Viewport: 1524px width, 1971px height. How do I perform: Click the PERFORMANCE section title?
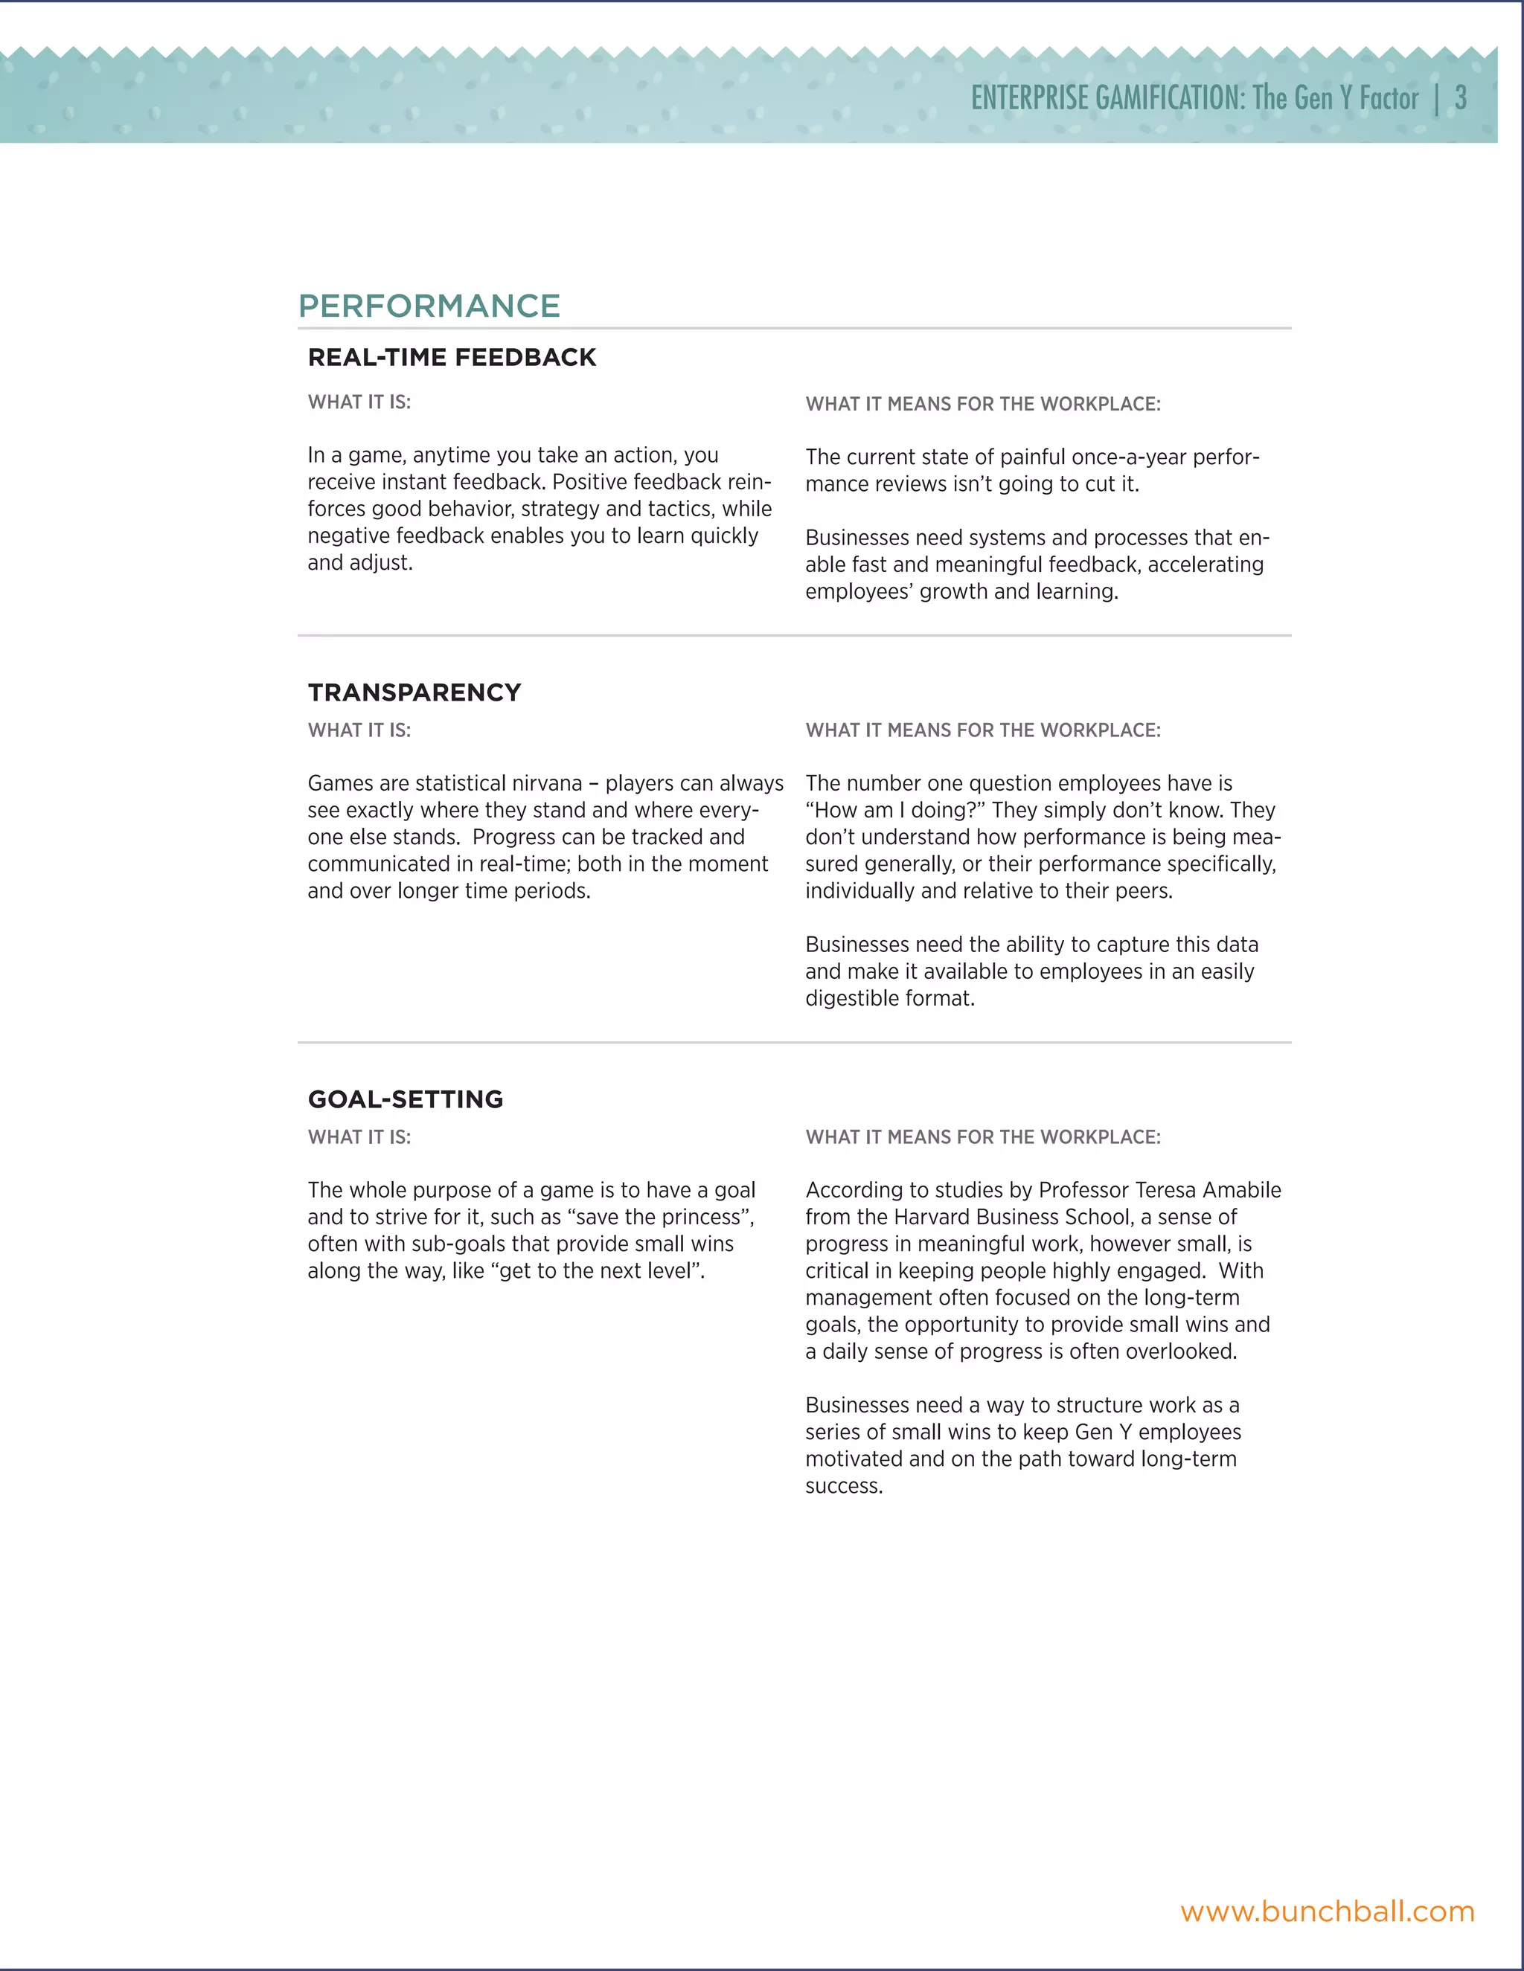point(429,306)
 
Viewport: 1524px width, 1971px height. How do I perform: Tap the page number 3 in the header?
point(1460,97)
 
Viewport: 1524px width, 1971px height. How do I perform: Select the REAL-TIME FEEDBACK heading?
point(452,357)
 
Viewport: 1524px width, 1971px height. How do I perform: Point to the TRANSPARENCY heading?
point(414,692)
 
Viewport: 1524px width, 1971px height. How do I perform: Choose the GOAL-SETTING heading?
point(406,1099)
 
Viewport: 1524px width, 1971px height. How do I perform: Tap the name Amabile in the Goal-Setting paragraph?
point(1241,1190)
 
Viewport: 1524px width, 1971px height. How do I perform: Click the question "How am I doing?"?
point(894,811)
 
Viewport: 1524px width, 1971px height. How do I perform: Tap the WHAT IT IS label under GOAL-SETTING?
point(359,1137)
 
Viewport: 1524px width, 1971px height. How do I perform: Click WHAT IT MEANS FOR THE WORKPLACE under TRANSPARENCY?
point(982,730)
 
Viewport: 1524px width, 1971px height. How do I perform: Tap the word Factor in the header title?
point(1389,97)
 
